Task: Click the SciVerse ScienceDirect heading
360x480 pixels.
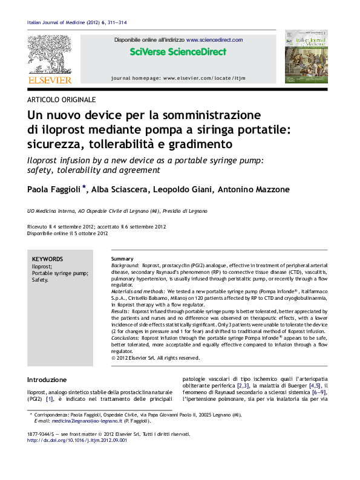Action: coord(178,52)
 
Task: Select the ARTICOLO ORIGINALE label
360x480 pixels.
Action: coord(61,100)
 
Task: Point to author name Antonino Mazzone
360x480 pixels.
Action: coord(254,189)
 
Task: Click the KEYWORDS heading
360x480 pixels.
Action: coord(47,258)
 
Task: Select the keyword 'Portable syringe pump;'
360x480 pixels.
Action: coord(60,273)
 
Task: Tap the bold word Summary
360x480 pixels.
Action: coord(122,259)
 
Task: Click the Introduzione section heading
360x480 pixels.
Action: coord(47,380)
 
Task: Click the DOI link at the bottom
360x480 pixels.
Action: coord(77,441)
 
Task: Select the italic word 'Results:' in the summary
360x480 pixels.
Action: coord(121,310)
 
